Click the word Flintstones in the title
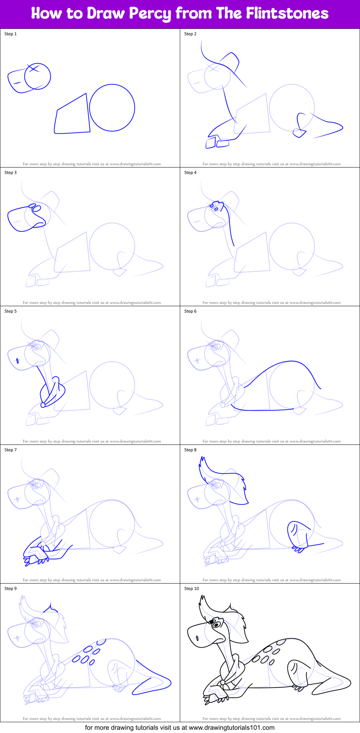tap(287, 13)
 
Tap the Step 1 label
tap(10, 34)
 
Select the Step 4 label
tap(190, 173)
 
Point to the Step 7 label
tap(10, 450)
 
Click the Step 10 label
tap(191, 589)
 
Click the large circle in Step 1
tap(112, 108)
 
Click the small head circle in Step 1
tap(37, 76)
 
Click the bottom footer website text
tap(179, 727)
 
